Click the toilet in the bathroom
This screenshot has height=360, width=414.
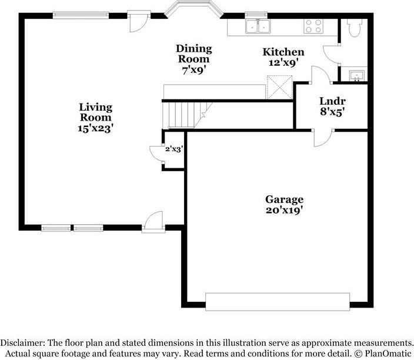(355, 28)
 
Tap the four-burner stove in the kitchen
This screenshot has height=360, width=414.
(313, 26)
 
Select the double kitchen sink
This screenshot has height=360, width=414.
(258, 26)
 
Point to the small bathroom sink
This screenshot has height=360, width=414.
(357, 75)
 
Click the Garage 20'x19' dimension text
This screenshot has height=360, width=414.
(284, 210)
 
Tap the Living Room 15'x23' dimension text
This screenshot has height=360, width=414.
(96, 128)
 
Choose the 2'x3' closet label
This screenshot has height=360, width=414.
(174, 149)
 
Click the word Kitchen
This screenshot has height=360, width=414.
(283, 52)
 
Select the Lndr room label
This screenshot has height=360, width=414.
(332, 101)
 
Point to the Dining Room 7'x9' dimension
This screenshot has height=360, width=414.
(194, 70)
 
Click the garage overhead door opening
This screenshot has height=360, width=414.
(278, 302)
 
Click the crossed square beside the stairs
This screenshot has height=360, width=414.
(279, 88)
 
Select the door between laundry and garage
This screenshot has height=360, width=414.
(323, 138)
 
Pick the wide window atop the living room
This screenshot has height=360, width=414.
(81, 15)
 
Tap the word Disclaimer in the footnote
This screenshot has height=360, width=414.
(22, 343)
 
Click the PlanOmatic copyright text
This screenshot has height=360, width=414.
(383, 354)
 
